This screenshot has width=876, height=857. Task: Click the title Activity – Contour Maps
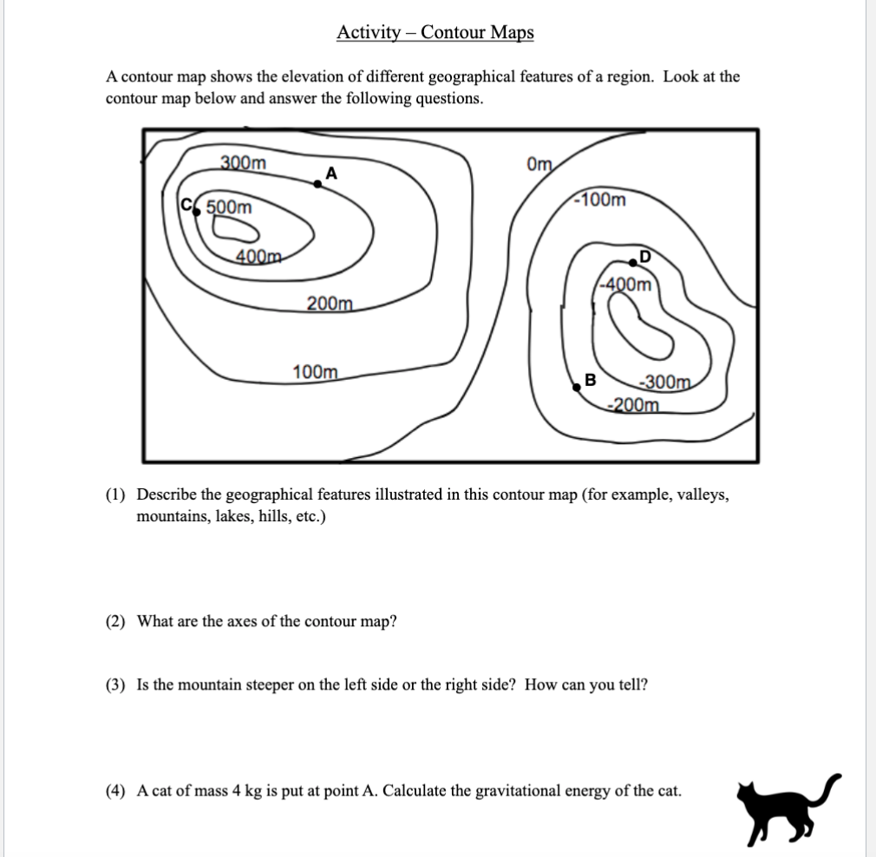click(435, 33)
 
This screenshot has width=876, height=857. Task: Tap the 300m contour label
click(244, 162)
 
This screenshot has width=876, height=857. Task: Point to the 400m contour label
click(259, 256)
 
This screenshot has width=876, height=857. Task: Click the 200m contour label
click(330, 304)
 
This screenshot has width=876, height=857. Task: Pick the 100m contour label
click(316, 372)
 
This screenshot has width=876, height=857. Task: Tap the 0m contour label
click(539, 163)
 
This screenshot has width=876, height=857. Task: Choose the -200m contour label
click(634, 403)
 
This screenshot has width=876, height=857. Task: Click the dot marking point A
click(317, 183)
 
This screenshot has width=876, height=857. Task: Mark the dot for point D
click(634, 263)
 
